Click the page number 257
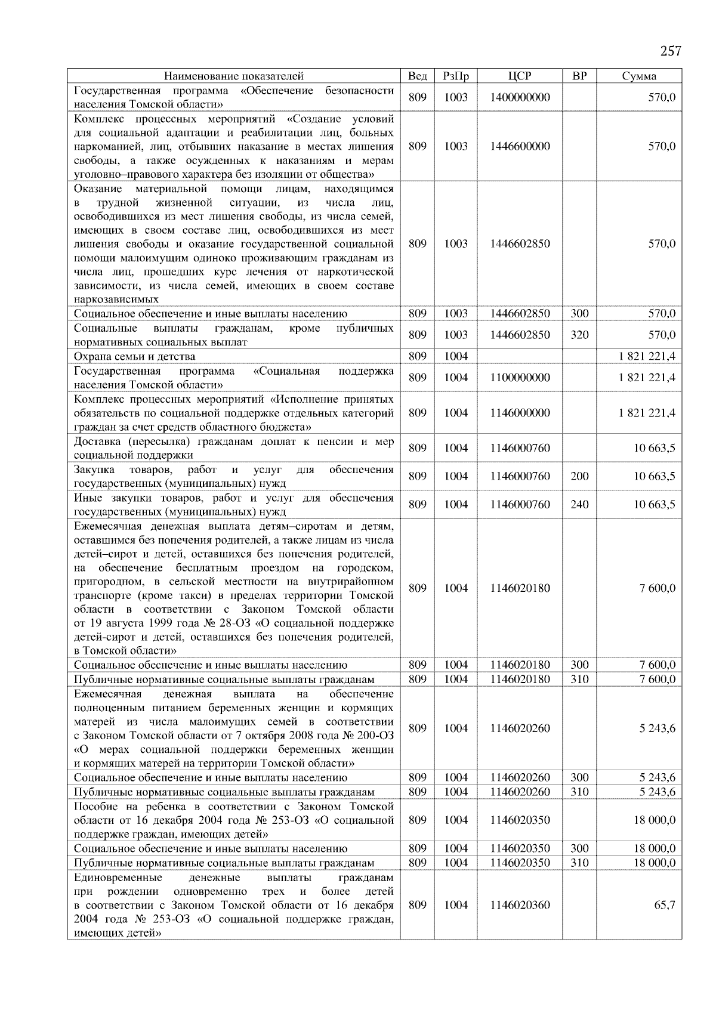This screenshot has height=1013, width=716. click(670, 51)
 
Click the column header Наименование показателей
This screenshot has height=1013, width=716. click(233, 76)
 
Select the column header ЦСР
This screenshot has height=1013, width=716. click(520, 76)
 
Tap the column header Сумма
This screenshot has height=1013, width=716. click(639, 76)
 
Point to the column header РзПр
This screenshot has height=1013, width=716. click(456, 76)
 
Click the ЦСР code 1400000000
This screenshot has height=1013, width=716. click(520, 97)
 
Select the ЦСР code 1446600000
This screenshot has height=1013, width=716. click(520, 146)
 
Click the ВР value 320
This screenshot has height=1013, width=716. click(579, 335)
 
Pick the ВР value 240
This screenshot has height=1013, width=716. click(579, 504)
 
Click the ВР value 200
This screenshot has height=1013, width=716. click(579, 476)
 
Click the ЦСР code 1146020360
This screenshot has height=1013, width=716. click(520, 905)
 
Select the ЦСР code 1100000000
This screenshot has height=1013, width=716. click(520, 378)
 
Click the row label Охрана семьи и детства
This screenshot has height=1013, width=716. click(134, 356)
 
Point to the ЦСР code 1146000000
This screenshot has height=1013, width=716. click(520, 413)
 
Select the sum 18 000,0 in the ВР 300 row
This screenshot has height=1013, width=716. click(655, 848)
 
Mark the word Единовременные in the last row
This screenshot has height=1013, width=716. click(118, 878)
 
